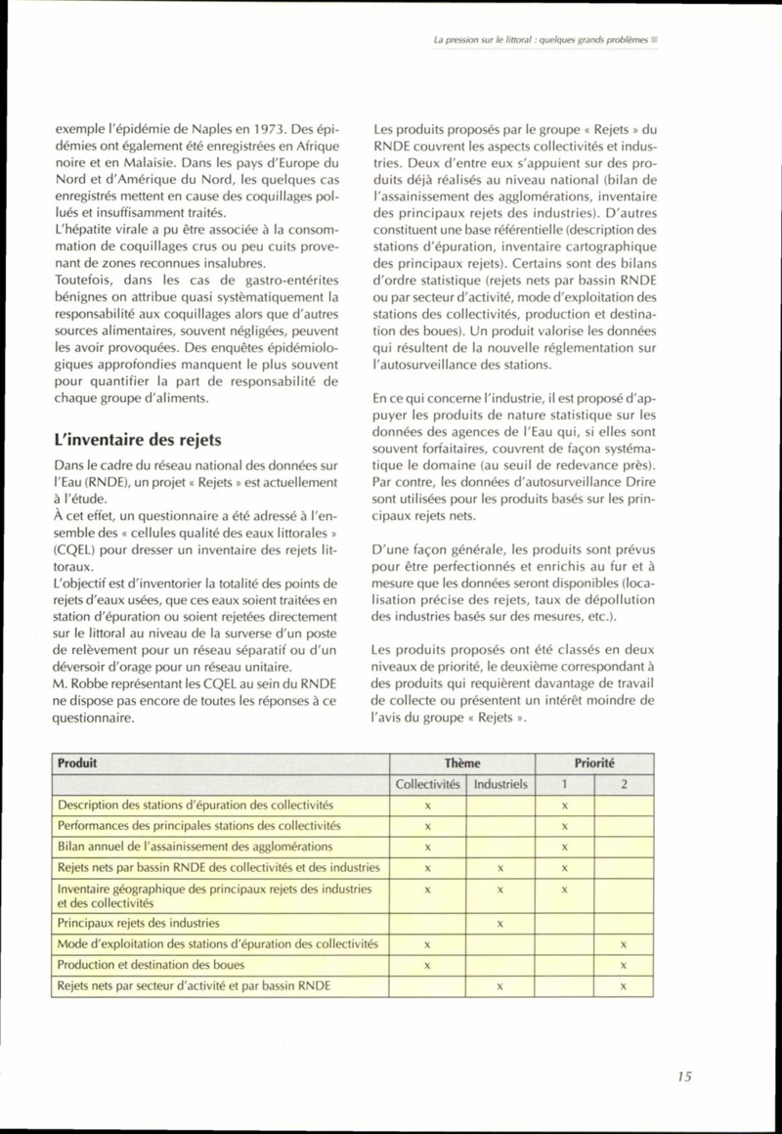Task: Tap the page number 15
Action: pos(683,1076)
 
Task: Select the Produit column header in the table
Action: pos(77,763)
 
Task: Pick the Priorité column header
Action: pos(593,763)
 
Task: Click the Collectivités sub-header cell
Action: pos(428,784)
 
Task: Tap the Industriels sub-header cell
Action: pos(499,784)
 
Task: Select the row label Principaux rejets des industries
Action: pos(139,922)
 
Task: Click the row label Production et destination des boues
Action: pos(149,965)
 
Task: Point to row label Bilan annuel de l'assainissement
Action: pos(195,846)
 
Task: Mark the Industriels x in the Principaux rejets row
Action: pos(500,923)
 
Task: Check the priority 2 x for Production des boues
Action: pos(623,966)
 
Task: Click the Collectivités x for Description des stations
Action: pos(428,805)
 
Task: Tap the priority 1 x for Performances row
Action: pos(565,826)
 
